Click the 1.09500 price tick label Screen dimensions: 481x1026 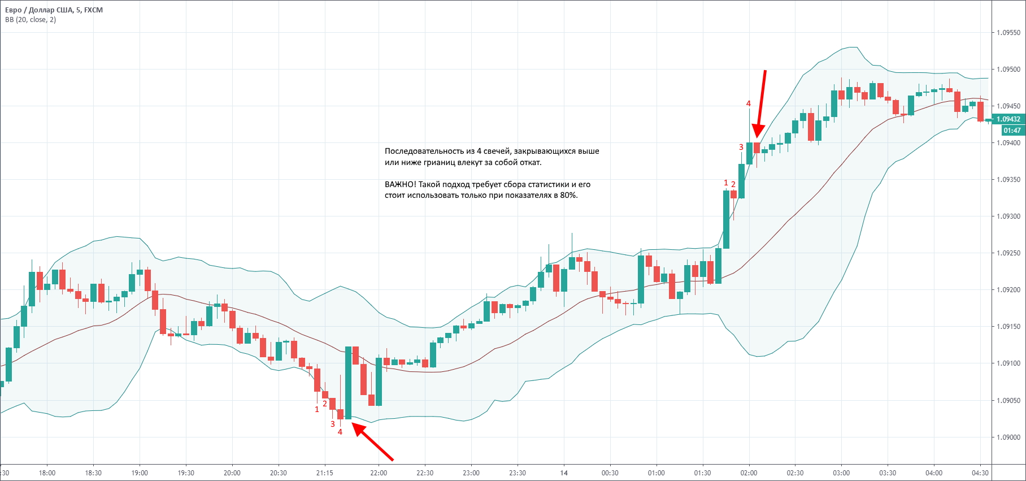tap(1008, 70)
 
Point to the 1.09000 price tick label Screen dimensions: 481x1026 tap(1008, 437)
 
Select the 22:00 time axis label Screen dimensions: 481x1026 tap(379, 473)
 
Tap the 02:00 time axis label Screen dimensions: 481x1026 tap(749, 473)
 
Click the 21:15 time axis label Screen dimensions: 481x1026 tap(324, 473)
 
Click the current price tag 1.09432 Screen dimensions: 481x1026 tap(1008, 119)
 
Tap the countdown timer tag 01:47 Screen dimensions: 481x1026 tap(1012, 131)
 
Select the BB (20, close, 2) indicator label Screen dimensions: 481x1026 tap(31, 20)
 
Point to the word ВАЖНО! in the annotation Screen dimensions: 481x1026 tap(400, 184)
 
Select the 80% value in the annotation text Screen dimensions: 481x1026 tap(569, 196)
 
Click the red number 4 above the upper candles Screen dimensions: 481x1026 tap(749, 103)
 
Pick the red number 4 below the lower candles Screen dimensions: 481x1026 tap(340, 432)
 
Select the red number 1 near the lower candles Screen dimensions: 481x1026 tap(317, 409)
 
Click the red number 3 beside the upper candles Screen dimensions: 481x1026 tap(741, 147)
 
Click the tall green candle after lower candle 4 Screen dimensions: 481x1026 tap(349, 383)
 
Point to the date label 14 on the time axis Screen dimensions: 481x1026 tap(564, 473)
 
